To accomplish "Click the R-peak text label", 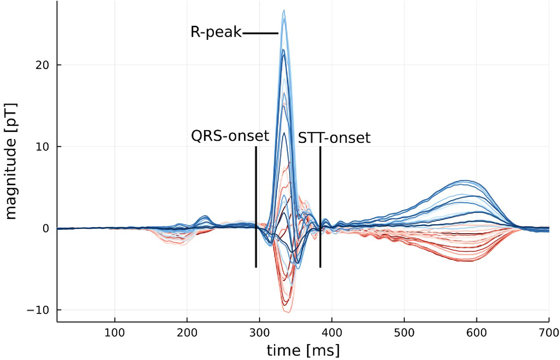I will [216, 32].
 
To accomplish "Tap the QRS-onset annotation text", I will [230, 136].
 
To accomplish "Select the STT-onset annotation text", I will [334, 138].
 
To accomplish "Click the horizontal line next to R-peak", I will [260, 33].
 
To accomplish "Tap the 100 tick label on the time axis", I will [115, 333].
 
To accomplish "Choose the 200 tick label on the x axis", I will [187, 333].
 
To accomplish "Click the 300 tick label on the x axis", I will [259, 333].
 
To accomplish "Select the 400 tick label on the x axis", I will [332, 333].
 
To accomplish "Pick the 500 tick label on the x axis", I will [404, 333].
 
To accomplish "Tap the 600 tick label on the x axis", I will [477, 333].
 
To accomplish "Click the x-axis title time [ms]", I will [303, 350].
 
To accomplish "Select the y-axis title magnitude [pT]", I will [12, 161].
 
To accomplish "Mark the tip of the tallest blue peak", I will [284, 11].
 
